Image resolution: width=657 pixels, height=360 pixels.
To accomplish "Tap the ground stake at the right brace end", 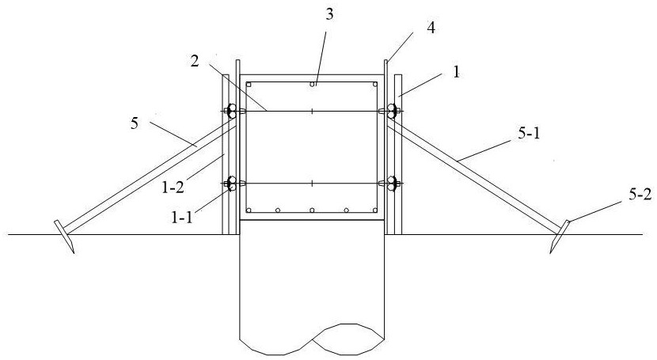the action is click(563, 235).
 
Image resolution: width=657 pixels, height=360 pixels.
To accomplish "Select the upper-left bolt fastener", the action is click(232, 112).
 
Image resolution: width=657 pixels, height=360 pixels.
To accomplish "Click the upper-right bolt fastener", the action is click(391, 112).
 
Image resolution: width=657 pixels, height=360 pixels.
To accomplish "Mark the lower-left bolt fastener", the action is click(232, 184).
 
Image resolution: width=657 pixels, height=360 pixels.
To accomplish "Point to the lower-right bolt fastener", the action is click(391, 184).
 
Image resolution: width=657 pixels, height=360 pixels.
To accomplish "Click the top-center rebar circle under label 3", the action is click(313, 83).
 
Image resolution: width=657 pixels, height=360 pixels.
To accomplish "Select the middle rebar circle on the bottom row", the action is click(313, 210).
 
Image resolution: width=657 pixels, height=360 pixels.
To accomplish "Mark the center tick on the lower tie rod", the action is click(313, 184).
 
